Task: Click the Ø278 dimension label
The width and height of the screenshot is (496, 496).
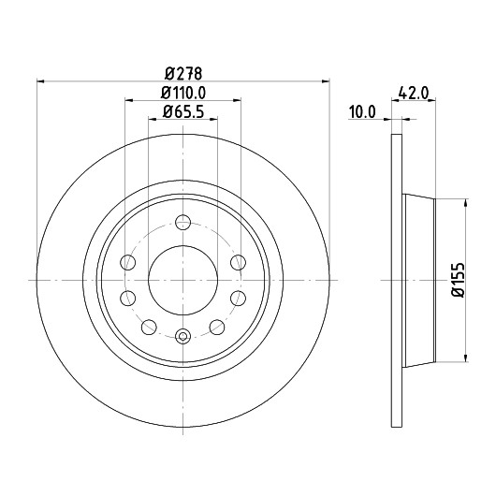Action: pyautogui.click(x=183, y=74)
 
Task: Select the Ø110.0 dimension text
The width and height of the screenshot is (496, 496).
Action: pyautogui.click(x=183, y=93)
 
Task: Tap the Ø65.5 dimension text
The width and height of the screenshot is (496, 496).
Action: pyautogui.click(x=183, y=111)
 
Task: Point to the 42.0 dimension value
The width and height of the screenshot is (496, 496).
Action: pyautogui.click(x=414, y=94)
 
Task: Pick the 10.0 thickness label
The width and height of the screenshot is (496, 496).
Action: pyautogui.click(x=362, y=112)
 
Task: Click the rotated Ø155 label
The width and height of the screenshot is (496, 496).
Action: pyautogui.click(x=459, y=280)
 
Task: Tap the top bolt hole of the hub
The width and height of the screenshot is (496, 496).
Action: pyautogui.click(x=182, y=222)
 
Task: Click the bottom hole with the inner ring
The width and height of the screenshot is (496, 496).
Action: pyautogui.click(x=182, y=337)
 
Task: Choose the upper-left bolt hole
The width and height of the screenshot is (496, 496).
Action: pyautogui.click(x=128, y=262)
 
